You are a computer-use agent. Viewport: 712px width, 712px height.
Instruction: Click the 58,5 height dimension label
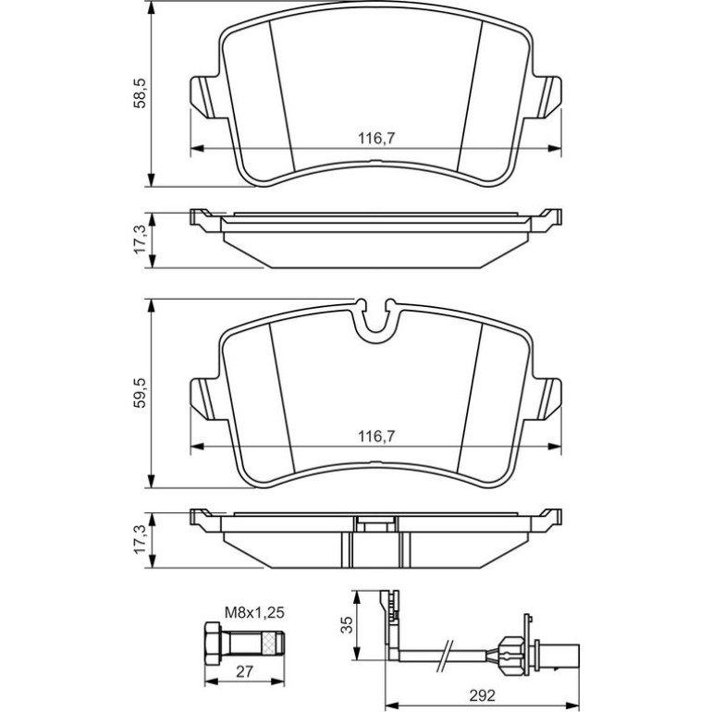point(140,92)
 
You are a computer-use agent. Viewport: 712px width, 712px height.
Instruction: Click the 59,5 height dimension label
point(140,392)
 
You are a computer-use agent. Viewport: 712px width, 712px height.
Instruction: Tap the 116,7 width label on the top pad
point(376,138)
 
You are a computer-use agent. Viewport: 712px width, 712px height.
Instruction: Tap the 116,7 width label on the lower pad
point(376,436)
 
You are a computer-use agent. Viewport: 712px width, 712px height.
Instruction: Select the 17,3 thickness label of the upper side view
point(140,239)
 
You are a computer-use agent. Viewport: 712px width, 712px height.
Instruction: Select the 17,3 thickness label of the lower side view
point(140,538)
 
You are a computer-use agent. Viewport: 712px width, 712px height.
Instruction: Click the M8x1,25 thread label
point(254,612)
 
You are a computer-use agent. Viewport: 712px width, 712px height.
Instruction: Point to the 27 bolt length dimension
point(244,671)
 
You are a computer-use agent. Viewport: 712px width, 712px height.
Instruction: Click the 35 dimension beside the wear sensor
point(346,625)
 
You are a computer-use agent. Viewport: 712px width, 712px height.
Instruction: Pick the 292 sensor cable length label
point(483,695)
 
